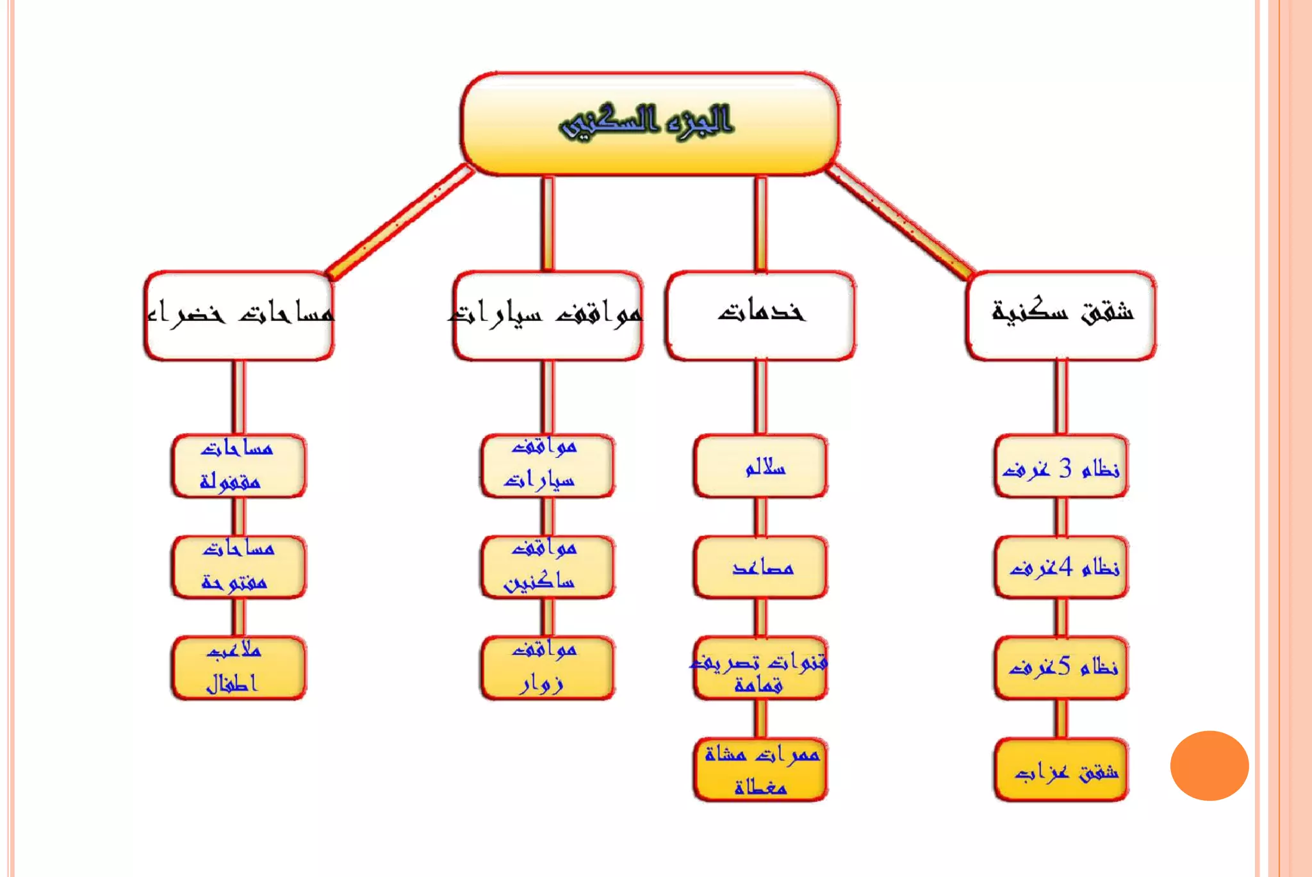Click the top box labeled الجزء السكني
[x=649, y=123]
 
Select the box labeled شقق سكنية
[x=1061, y=315]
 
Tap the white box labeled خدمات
[x=760, y=315]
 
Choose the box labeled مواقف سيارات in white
[x=547, y=315]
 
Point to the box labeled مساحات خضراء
[x=239, y=315]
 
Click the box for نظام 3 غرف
[x=1061, y=466]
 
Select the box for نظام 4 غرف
[x=1061, y=567]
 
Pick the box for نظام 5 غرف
[x=1061, y=667]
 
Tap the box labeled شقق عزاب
[x=1061, y=769]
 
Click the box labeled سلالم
[x=760, y=466]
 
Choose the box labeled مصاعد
[x=760, y=567]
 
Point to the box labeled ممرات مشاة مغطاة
[x=760, y=769]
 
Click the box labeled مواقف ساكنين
[x=547, y=567]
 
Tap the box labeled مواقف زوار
[x=547, y=667]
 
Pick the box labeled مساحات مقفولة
[x=238, y=466]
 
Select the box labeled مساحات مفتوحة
[x=238, y=567]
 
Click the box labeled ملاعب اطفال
[x=238, y=667]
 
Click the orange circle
[x=1209, y=766]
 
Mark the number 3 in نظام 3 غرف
[x=1065, y=468]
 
